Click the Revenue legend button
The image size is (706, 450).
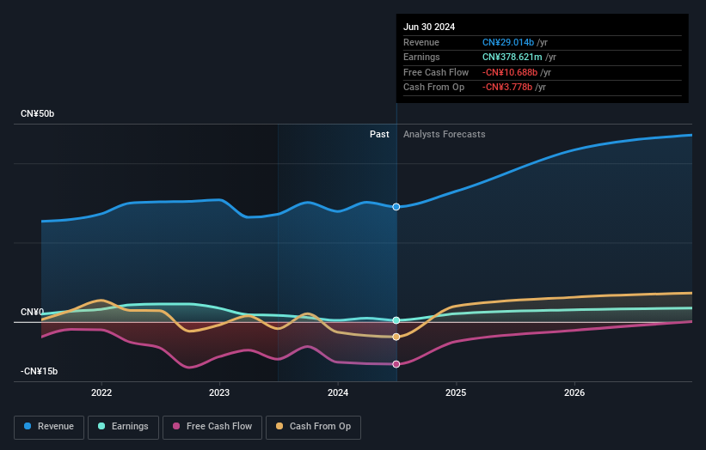(x=50, y=426)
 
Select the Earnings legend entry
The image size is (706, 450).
(x=123, y=426)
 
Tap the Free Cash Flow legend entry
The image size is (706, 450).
(x=212, y=426)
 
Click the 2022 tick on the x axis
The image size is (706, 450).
(x=101, y=392)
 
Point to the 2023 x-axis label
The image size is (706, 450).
(x=219, y=392)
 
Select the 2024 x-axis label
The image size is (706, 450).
(x=338, y=392)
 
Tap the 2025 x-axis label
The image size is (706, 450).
(x=456, y=392)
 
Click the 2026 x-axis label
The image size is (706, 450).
(x=574, y=392)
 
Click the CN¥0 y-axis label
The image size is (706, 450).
(x=33, y=312)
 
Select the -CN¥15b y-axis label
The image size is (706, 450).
(x=40, y=371)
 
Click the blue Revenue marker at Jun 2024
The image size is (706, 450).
(x=396, y=207)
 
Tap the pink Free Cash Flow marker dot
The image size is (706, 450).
(x=396, y=364)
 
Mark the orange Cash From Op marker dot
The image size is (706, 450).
(x=396, y=337)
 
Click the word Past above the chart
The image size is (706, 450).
(x=379, y=135)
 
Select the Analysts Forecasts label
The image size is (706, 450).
(x=444, y=135)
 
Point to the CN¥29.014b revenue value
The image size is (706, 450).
(x=509, y=42)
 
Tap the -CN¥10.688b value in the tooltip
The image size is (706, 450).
(x=512, y=72)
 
